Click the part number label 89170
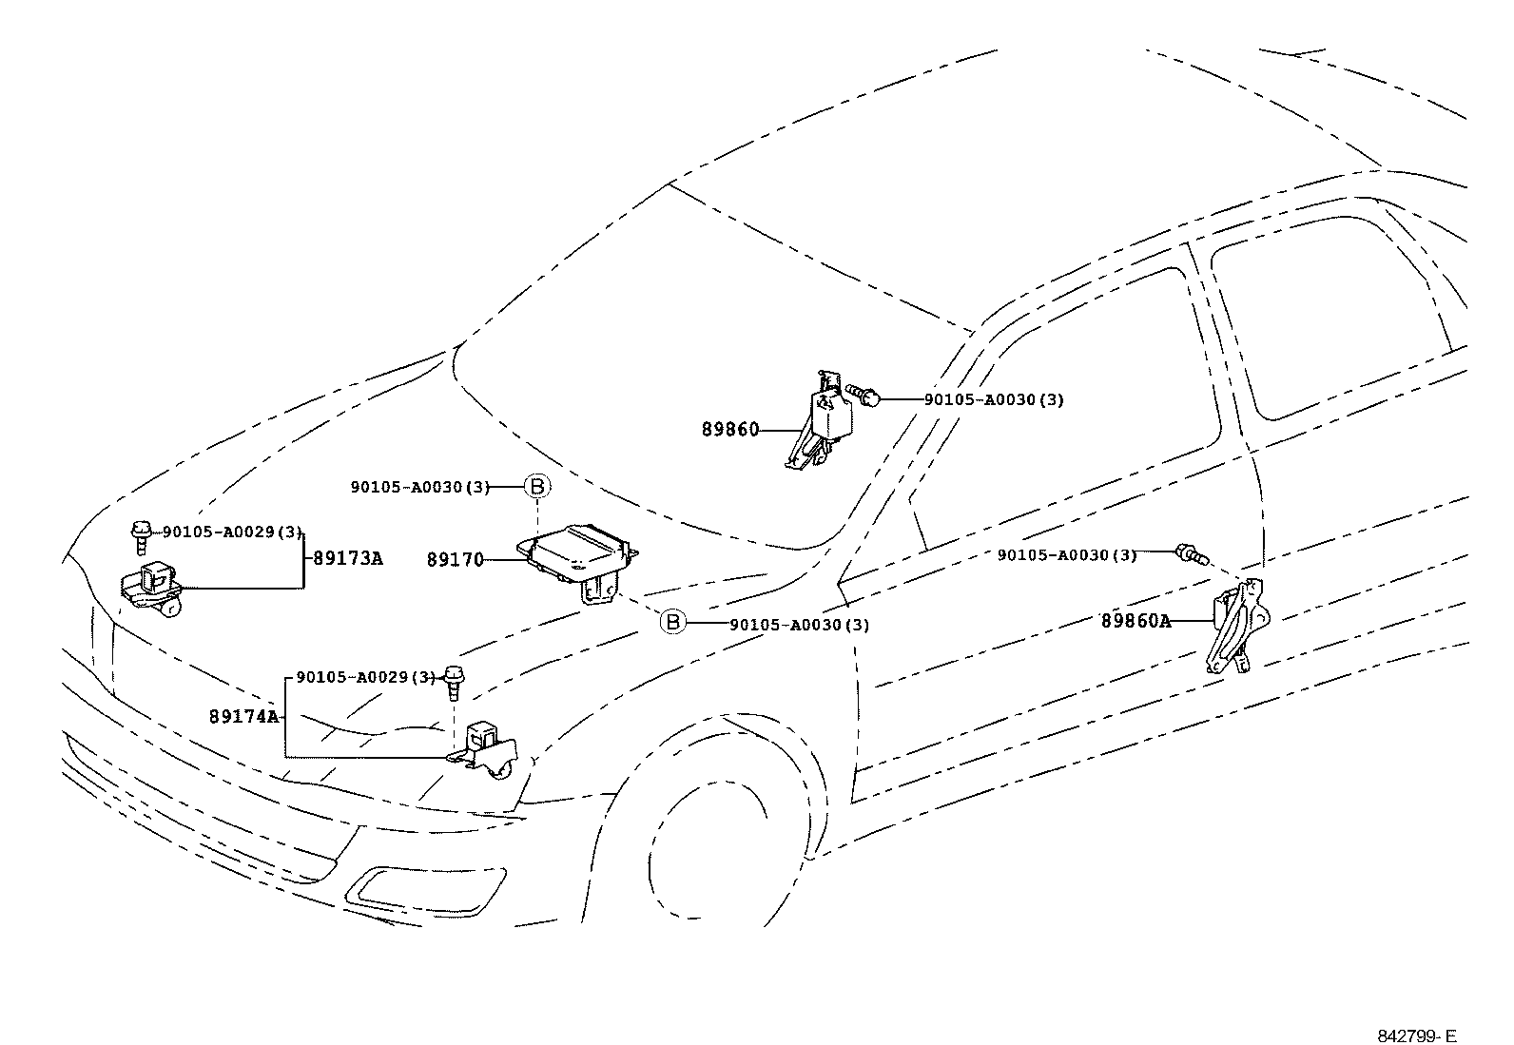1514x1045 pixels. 455,560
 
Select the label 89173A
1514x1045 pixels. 347,558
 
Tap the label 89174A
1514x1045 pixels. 244,717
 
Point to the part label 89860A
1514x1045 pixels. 1135,621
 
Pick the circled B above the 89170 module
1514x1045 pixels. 537,486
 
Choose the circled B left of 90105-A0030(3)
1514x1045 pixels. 672,621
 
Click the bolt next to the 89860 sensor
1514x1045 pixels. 863,394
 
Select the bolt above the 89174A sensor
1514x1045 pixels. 454,684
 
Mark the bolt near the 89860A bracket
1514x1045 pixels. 1191,554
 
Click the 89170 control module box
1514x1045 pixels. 578,561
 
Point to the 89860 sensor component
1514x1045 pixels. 822,420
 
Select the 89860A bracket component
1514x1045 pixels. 1237,626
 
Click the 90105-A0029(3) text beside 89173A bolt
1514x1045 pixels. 232,532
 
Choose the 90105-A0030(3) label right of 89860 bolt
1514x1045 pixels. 994,399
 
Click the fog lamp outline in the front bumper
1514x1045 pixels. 425,892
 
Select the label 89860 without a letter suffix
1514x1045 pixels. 730,429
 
